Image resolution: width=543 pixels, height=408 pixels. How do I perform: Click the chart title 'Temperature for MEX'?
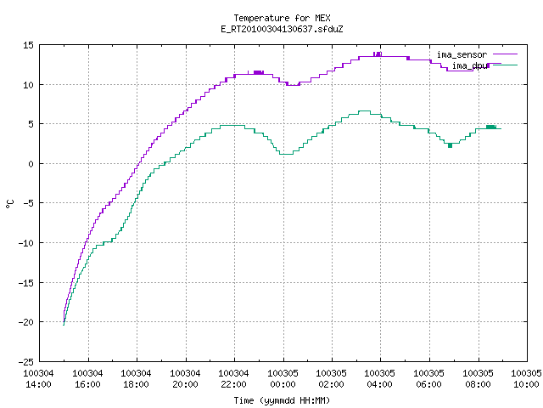point(282,18)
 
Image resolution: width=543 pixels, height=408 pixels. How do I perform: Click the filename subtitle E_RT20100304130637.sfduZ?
point(282,29)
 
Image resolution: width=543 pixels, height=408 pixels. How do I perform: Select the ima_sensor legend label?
point(462,54)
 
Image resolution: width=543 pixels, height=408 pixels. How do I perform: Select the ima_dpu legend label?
point(469,65)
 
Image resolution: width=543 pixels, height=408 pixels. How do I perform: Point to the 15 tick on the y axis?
point(28,45)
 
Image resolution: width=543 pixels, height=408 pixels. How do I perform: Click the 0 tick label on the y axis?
point(31,164)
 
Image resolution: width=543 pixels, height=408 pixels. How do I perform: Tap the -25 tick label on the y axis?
point(26,362)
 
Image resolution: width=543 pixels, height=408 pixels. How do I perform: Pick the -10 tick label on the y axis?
point(26,243)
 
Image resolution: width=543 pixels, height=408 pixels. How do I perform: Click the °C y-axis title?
point(10,204)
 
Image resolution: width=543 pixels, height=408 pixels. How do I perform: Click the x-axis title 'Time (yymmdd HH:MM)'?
point(282,400)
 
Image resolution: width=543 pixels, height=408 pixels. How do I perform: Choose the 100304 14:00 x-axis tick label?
point(38,379)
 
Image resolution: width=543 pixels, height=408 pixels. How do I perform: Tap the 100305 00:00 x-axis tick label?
point(283,379)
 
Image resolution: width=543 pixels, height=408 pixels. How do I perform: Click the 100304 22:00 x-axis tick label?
point(234,379)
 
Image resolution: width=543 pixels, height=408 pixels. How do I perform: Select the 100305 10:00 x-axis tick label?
point(526,379)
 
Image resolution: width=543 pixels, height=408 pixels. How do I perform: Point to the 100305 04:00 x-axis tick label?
point(380,379)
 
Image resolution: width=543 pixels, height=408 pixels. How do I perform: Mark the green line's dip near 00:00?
point(286,154)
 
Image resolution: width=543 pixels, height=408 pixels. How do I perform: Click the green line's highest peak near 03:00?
point(364,111)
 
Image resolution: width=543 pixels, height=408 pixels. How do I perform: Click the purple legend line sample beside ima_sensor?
point(506,54)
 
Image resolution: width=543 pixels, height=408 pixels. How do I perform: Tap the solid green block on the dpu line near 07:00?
point(450,145)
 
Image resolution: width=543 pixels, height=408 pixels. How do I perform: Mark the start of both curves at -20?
point(64,323)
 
